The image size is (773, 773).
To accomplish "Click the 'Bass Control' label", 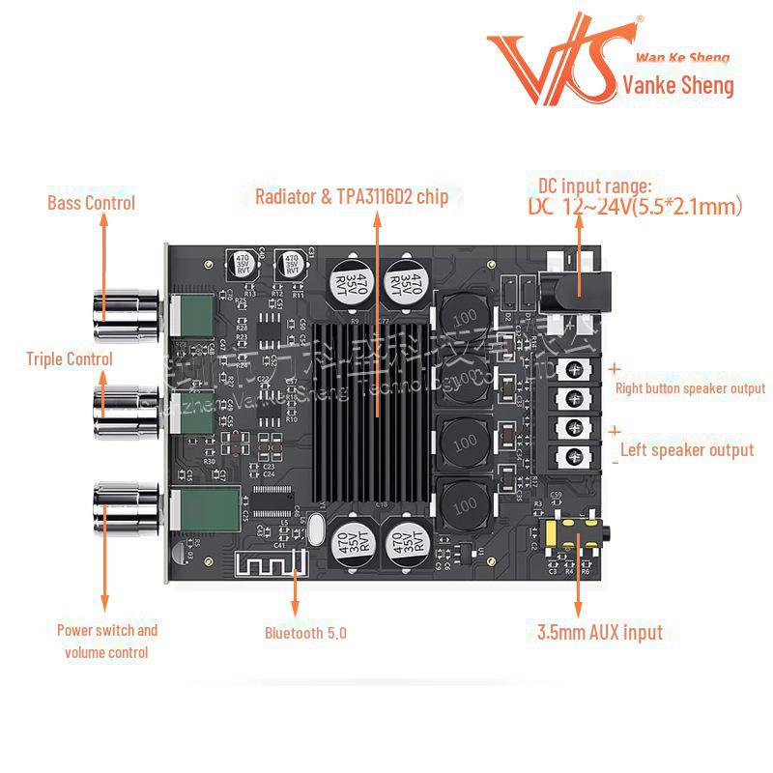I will [x=91, y=203].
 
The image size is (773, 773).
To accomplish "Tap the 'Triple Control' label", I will [x=69, y=358].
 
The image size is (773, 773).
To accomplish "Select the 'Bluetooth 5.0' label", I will [x=305, y=634].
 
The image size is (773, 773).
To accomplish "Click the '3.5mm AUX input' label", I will [x=600, y=633].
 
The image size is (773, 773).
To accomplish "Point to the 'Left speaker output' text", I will [x=686, y=450].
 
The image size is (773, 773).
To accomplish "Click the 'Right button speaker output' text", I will [x=690, y=388].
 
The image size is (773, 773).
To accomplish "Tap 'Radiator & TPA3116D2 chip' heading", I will [x=352, y=197].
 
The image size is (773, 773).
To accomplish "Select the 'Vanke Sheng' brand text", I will [x=678, y=85].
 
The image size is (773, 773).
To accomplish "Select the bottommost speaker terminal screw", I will [x=574, y=455].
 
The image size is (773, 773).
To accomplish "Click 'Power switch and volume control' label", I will [x=106, y=642].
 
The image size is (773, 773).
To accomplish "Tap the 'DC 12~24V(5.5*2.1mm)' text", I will [x=634, y=206].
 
